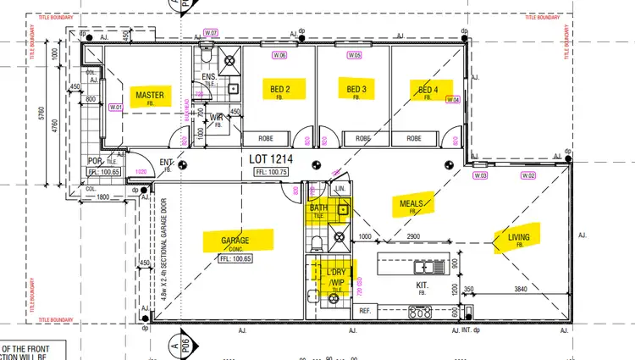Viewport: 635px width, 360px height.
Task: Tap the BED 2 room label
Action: pos(281,89)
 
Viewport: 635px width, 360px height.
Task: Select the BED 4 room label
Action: pos(428,89)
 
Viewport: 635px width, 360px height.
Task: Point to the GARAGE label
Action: pos(235,241)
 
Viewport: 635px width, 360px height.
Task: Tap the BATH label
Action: pos(318,208)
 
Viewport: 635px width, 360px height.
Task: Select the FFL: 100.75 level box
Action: pos(273,172)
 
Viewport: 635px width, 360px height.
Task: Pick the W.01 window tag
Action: pos(117,107)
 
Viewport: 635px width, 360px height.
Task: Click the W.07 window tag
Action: pos(212,33)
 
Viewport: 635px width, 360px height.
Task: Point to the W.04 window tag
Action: pos(453,99)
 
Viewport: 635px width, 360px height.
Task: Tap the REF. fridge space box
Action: pos(366,311)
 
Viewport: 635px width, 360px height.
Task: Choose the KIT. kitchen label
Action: pos(422,286)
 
